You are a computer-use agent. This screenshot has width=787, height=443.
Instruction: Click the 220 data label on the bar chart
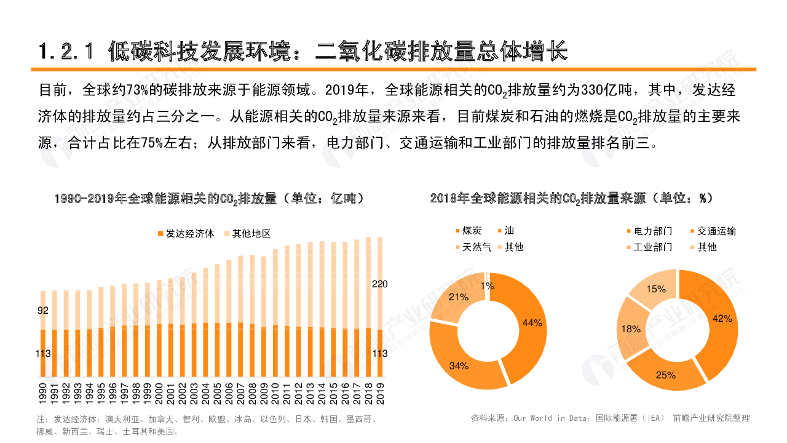tap(380, 284)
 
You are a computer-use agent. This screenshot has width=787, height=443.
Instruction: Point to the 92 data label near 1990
tap(43, 311)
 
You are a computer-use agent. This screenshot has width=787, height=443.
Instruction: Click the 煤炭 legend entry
tap(471, 231)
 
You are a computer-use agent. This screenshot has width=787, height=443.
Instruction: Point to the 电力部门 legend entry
tap(652, 231)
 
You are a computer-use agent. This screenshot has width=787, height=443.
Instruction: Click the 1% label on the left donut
tap(488, 285)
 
